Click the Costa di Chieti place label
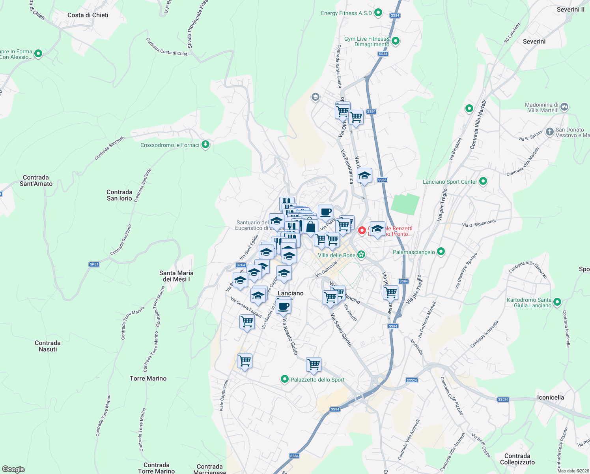click(x=88, y=15)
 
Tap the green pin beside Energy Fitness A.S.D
click(x=378, y=13)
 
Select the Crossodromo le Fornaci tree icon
click(x=205, y=145)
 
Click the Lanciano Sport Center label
click(x=450, y=182)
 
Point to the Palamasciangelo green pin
click(x=441, y=252)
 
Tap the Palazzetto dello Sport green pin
click(x=284, y=379)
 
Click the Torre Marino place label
click(x=148, y=378)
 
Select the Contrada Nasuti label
click(x=48, y=346)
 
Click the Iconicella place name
click(x=550, y=397)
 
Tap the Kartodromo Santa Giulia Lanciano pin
click(x=557, y=302)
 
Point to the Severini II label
click(x=571, y=9)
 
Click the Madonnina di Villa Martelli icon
click(x=564, y=107)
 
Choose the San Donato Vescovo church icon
click(x=549, y=132)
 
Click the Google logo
click(x=13, y=469)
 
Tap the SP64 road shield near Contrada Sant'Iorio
click(x=94, y=264)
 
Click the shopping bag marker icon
click(x=310, y=228)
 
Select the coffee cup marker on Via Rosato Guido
click(x=283, y=305)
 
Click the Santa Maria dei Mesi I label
click(x=176, y=276)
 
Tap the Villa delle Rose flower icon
click(x=361, y=255)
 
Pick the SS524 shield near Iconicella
click(x=503, y=399)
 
